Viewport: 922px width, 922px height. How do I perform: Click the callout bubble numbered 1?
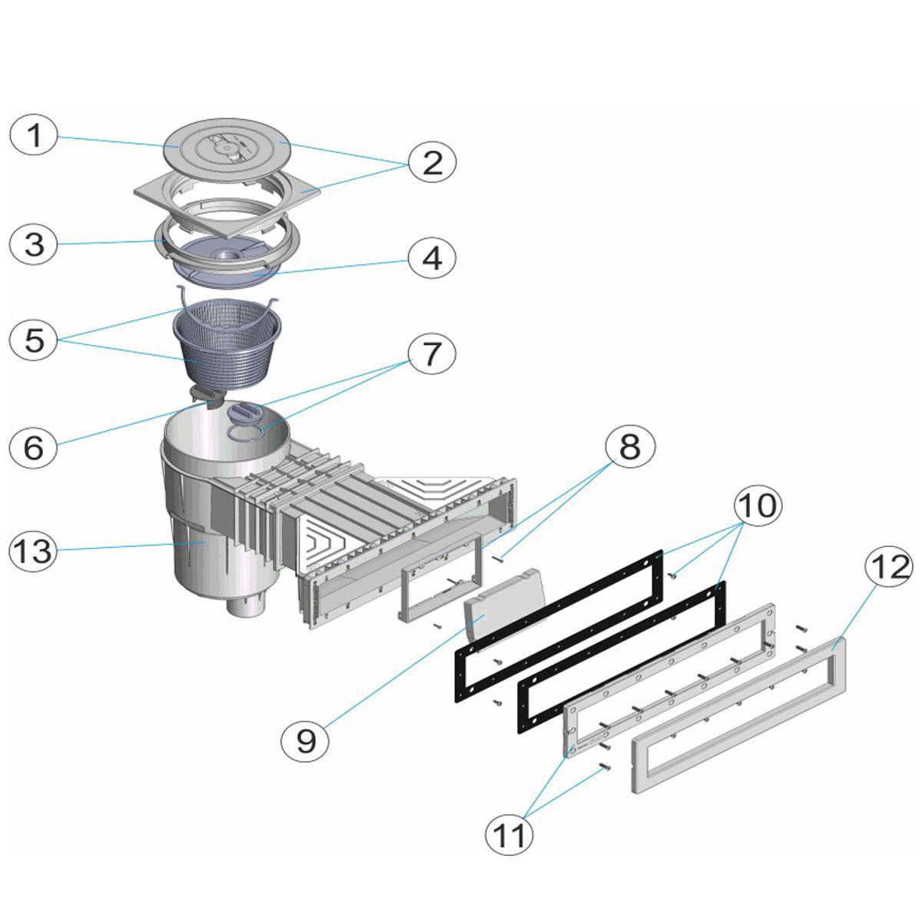click(x=34, y=135)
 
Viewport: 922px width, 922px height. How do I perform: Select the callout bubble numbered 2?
click(x=432, y=163)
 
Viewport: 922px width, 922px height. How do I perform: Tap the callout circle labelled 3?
click(x=34, y=244)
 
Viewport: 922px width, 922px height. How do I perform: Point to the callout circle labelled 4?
click(x=432, y=258)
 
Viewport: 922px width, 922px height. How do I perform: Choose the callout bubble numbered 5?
click(x=34, y=340)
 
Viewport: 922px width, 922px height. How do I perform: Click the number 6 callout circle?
click(x=34, y=447)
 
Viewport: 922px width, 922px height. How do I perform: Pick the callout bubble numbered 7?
click(x=432, y=353)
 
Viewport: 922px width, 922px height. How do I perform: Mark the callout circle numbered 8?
click(x=630, y=446)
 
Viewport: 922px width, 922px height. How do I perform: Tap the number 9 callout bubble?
click(x=306, y=741)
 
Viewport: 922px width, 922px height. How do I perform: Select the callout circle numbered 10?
click(x=758, y=505)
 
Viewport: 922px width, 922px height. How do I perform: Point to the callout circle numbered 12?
click(x=888, y=567)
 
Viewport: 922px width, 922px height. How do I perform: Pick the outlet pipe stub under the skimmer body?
click(x=245, y=609)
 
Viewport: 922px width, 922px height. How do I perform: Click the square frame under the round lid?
click(x=227, y=204)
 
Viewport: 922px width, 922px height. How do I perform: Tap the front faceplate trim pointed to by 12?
click(x=739, y=715)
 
